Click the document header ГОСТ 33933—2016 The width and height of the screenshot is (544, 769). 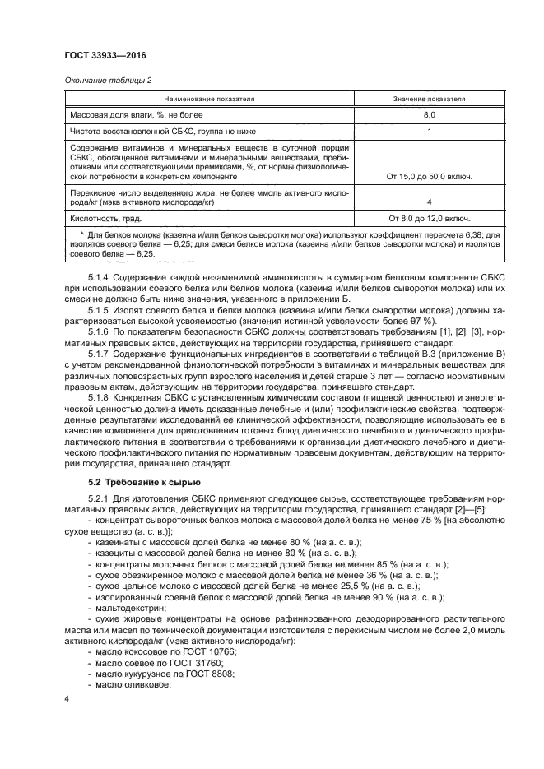100,56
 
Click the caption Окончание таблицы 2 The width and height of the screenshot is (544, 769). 108,80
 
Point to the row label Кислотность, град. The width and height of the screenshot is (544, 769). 106,219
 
